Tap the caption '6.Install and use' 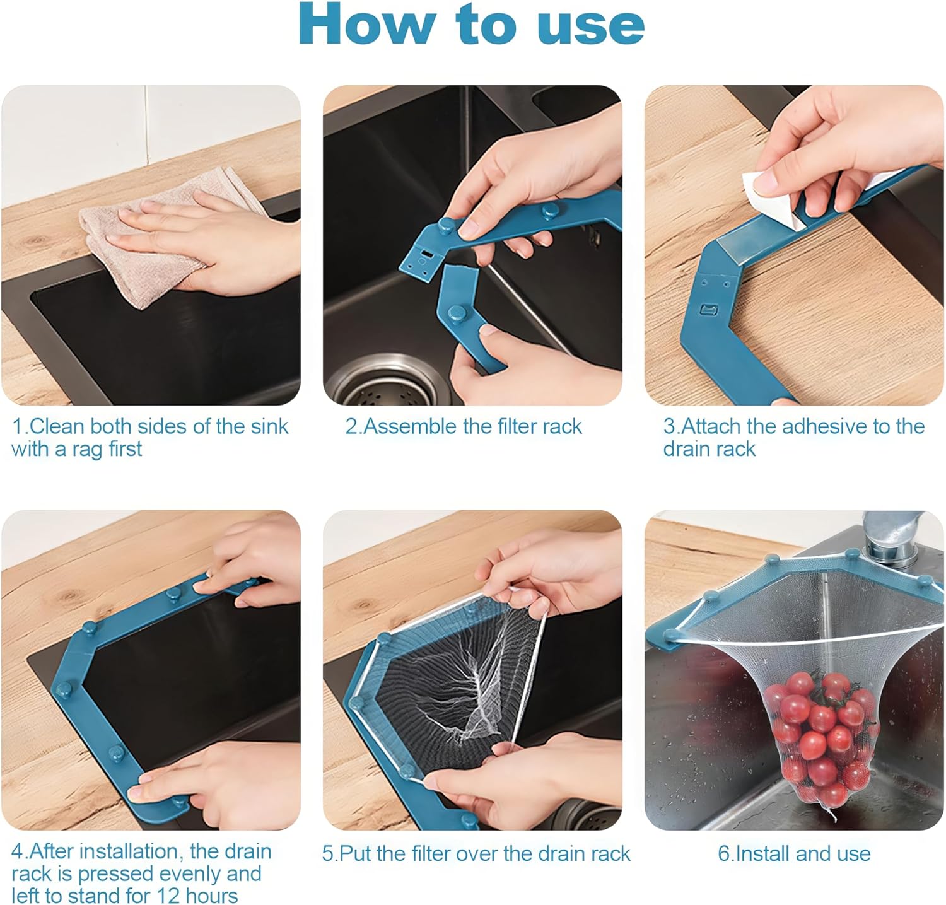click(794, 854)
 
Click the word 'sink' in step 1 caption click(269, 427)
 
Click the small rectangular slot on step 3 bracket click(710, 309)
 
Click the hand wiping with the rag click(208, 243)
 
